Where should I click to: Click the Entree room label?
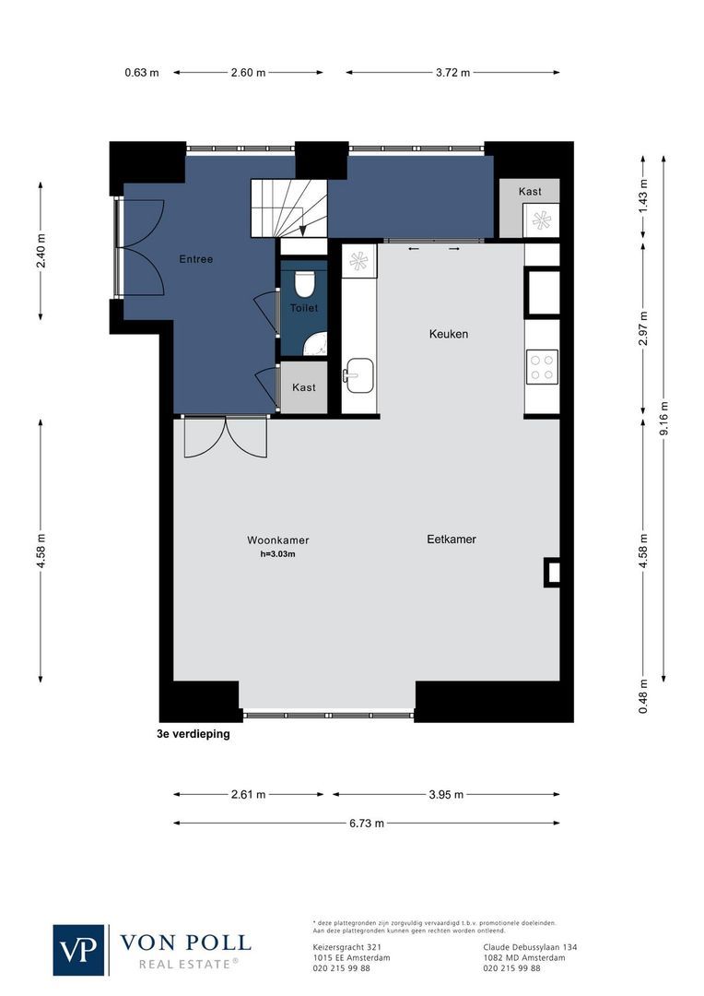(x=195, y=259)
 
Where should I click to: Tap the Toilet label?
(x=303, y=308)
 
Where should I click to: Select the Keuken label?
(x=449, y=334)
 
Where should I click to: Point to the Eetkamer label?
(x=451, y=539)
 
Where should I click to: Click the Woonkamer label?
(x=277, y=540)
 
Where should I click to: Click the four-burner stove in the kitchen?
(x=542, y=367)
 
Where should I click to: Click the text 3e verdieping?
(x=193, y=736)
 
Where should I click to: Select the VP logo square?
(x=79, y=949)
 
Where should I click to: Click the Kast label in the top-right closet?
(x=530, y=192)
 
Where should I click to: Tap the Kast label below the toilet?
(x=303, y=387)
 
